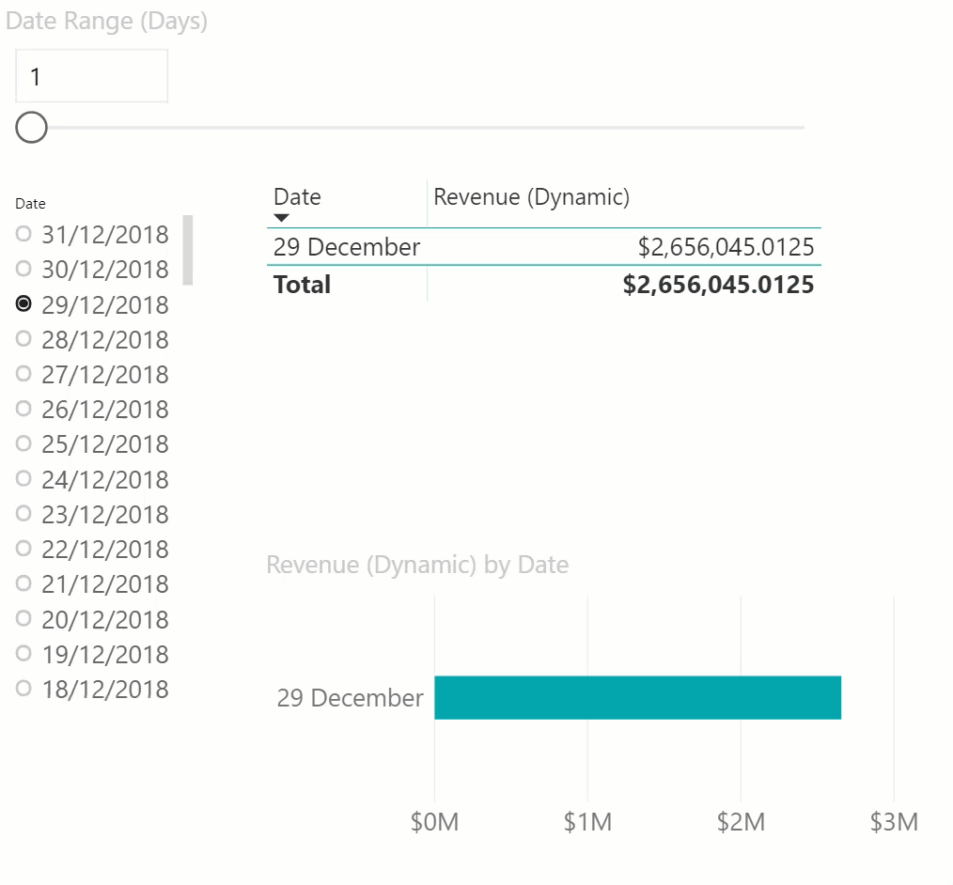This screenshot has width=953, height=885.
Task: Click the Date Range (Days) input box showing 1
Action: pos(91,76)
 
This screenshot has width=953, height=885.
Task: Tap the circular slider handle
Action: pos(32,127)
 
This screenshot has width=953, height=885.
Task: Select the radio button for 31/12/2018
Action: pos(24,233)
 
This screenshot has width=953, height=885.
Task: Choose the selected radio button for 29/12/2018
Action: pos(24,303)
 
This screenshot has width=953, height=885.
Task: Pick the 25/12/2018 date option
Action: pos(104,443)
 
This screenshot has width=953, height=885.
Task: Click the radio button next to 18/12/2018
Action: pos(24,689)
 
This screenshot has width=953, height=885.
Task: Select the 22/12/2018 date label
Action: pos(104,549)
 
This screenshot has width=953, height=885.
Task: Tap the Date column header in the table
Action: pos(297,196)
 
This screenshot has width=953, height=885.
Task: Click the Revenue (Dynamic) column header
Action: pos(531,196)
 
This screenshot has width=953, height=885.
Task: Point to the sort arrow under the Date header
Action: pos(281,218)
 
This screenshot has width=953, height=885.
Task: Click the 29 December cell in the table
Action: pos(346,247)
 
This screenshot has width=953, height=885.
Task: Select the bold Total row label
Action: pos(302,284)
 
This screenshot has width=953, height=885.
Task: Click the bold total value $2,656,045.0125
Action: pos(718,284)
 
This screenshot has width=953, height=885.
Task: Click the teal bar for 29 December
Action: pos(637,697)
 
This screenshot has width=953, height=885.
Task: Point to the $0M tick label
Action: pos(434,822)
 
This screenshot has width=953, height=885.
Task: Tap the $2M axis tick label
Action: pos(741,822)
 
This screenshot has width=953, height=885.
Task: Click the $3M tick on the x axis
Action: pos(894,822)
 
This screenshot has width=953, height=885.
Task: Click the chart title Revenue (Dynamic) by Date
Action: pos(417,565)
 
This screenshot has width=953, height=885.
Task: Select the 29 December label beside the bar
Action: pos(350,698)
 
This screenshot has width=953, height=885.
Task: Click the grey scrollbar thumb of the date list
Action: pos(187,249)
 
